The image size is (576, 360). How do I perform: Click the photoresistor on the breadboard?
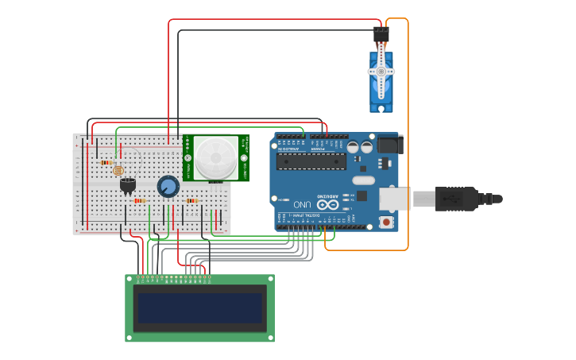pyautogui.click(x=118, y=170)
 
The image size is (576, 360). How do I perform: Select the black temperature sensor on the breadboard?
pyautogui.click(x=127, y=184)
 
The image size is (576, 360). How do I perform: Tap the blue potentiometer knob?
pyautogui.click(x=168, y=187)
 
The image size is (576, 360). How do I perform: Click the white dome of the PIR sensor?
pyautogui.click(x=216, y=157)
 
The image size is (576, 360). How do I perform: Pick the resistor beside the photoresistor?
pyautogui.click(x=106, y=162)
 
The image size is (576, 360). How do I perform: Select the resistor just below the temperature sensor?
pyautogui.click(x=140, y=200)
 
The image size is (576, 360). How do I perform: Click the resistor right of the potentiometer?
pyautogui.click(x=191, y=200)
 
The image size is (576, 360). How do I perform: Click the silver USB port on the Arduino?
pyautogui.click(x=395, y=199)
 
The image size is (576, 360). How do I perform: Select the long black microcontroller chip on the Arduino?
pyautogui.click(x=311, y=161)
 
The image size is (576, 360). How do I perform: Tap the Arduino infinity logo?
pyautogui.click(x=328, y=204)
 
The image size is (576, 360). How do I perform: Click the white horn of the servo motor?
pyautogui.click(x=381, y=72)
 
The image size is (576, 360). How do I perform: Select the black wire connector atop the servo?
pyautogui.click(x=381, y=34)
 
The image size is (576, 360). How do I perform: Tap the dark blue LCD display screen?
pyautogui.click(x=199, y=308)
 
